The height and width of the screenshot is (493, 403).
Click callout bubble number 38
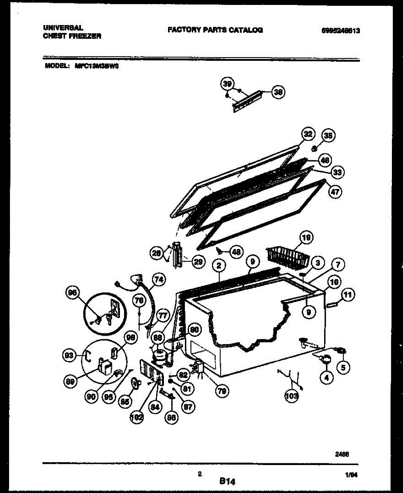click(x=279, y=93)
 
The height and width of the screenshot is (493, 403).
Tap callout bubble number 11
click(x=348, y=295)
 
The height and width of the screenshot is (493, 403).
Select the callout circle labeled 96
click(x=73, y=293)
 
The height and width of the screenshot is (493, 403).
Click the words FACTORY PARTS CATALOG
click(x=215, y=30)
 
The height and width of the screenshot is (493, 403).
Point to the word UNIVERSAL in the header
click(x=63, y=28)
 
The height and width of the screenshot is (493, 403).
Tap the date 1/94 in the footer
click(x=352, y=475)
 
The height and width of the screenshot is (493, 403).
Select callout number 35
click(x=328, y=136)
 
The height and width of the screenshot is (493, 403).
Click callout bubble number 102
click(x=136, y=418)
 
